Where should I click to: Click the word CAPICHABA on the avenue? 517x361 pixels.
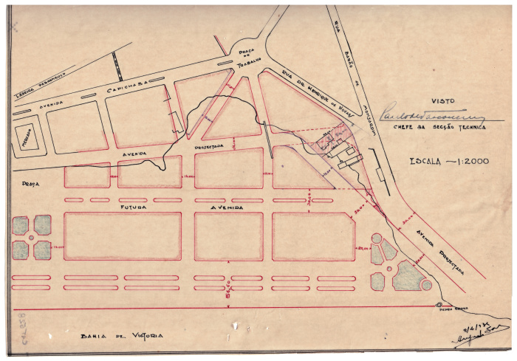[130, 87]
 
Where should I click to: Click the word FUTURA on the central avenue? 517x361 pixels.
[136, 207]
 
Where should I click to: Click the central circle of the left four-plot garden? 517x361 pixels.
[32, 238]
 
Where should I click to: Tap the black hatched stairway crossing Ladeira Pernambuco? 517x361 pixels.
[117, 66]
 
